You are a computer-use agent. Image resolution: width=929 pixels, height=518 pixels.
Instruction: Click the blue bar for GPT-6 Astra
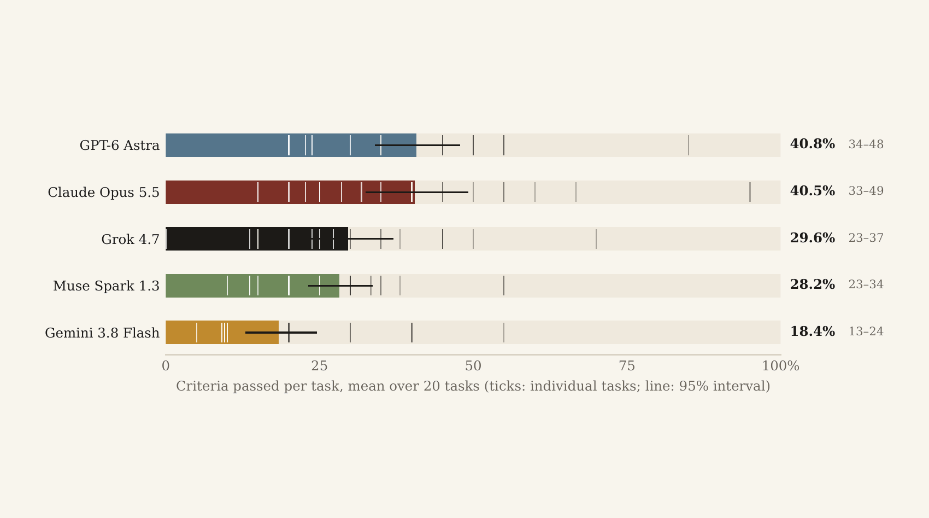(x=291, y=145)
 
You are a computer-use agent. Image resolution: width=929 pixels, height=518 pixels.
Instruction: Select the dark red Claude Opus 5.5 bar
(x=290, y=192)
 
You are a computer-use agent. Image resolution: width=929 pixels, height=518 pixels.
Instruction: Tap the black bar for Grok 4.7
(x=257, y=238)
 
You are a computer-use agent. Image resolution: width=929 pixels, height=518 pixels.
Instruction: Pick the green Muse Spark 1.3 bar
(x=252, y=286)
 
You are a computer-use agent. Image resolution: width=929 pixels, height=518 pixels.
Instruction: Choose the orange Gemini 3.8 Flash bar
(x=222, y=333)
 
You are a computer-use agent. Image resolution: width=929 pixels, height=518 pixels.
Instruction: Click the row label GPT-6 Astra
(x=120, y=145)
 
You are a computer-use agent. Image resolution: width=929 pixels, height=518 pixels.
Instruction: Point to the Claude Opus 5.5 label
(x=104, y=192)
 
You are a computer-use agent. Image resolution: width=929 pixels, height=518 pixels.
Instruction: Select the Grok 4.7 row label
(x=130, y=239)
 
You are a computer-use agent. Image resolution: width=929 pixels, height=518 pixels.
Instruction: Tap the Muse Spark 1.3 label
(x=106, y=286)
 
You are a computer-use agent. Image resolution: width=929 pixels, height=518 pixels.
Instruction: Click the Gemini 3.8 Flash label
(x=102, y=333)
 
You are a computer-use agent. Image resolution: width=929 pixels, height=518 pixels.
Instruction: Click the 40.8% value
(x=813, y=144)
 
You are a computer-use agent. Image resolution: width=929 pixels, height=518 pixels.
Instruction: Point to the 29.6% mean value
(x=813, y=238)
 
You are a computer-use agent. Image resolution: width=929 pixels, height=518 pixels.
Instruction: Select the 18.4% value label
(x=813, y=331)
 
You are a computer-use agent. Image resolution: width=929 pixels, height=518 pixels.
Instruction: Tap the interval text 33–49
(x=866, y=191)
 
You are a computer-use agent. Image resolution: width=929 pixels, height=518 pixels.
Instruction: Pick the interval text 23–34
(x=866, y=285)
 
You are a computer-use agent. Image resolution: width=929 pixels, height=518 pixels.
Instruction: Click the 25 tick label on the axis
(x=319, y=366)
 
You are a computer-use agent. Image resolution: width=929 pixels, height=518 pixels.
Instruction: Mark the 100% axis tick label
(x=780, y=366)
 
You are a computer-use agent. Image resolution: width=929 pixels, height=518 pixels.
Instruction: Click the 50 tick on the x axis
(x=473, y=366)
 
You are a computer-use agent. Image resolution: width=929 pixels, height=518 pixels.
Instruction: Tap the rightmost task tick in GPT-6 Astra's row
(x=689, y=145)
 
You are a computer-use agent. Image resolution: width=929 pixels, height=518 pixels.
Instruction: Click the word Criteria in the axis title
(x=202, y=386)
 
